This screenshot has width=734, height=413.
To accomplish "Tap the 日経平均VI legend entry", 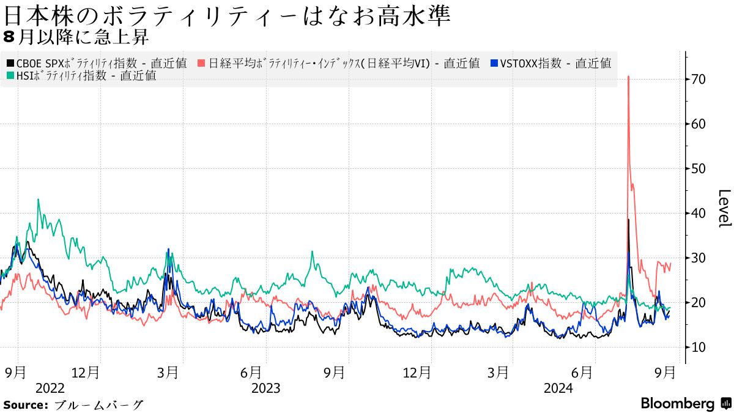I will pyautogui.click(x=339, y=63).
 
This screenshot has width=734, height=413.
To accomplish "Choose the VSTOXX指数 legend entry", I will pyautogui.click(x=551, y=63).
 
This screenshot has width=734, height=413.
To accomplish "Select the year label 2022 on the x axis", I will pyautogui.click(x=50, y=389).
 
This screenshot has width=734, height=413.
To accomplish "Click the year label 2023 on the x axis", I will pyautogui.click(x=265, y=389).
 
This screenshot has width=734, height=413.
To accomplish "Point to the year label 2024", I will pyautogui.click(x=558, y=389).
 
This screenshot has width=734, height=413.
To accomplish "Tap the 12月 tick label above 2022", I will pyautogui.click(x=85, y=372).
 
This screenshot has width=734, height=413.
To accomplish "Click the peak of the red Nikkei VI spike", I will pyautogui.click(x=628, y=77).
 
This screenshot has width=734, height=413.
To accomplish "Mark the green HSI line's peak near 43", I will pyautogui.click(x=39, y=199).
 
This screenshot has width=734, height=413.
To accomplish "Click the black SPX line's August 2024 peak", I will pyautogui.click(x=628, y=220).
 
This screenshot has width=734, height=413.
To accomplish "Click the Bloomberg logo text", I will pyautogui.click(x=678, y=404).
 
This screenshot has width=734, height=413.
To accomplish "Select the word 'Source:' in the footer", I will pyautogui.click(x=26, y=405).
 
